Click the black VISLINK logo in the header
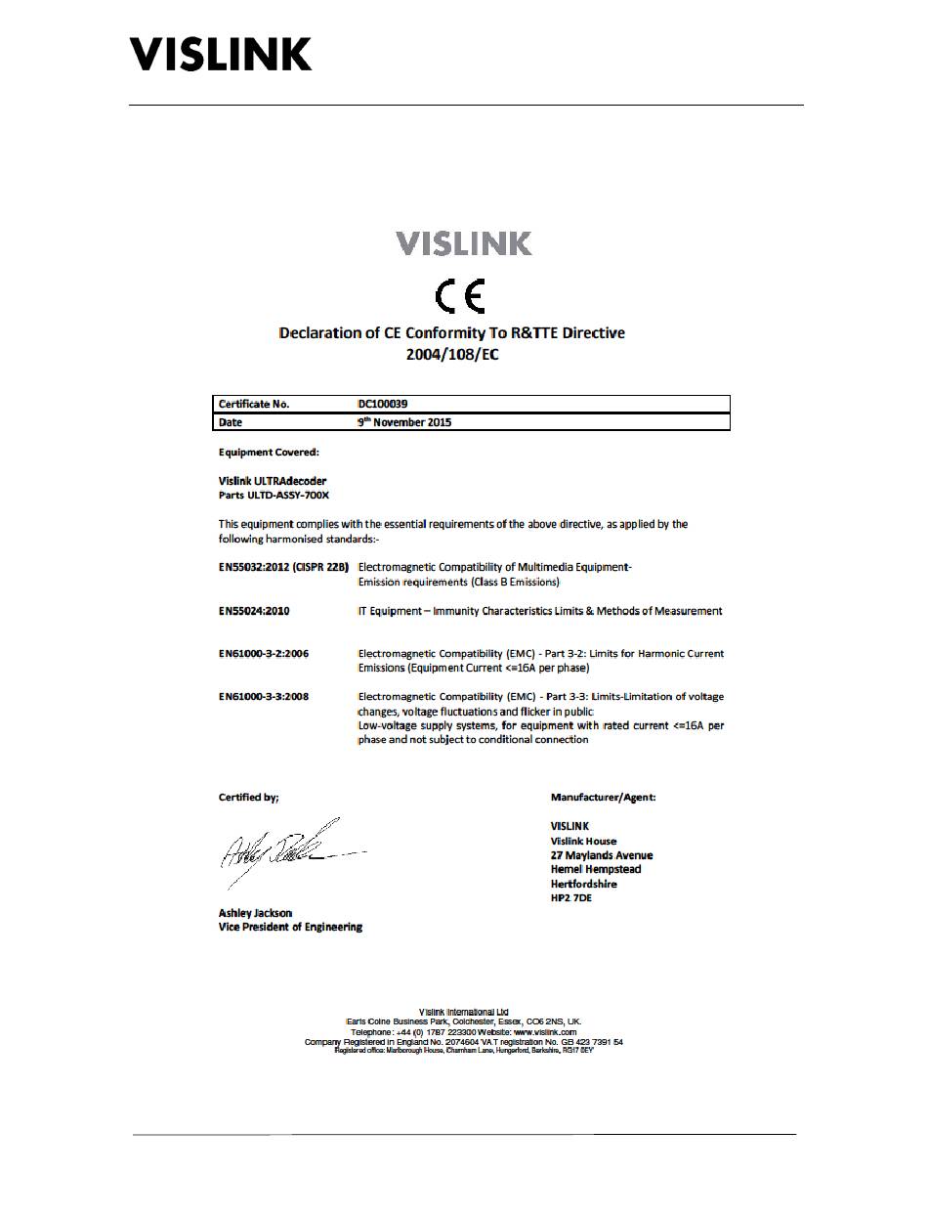click(x=221, y=54)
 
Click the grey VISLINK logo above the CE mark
click(x=464, y=243)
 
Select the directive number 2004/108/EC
click(x=452, y=354)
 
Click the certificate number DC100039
click(x=389, y=404)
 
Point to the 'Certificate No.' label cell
click(x=254, y=404)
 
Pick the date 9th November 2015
click(x=404, y=422)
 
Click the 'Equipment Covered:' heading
click(x=269, y=453)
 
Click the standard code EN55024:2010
click(x=254, y=611)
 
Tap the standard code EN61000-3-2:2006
click(x=265, y=654)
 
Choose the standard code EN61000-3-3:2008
click(x=265, y=697)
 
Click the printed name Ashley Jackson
click(x=255, y=913)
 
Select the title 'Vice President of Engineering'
click(x=290, y=927)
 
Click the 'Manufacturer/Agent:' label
click(x=603, y=798)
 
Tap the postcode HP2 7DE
click(x=571, y=897)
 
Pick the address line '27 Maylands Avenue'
click(x=602, y=855)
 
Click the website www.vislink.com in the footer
click(x=544, y=1031)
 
